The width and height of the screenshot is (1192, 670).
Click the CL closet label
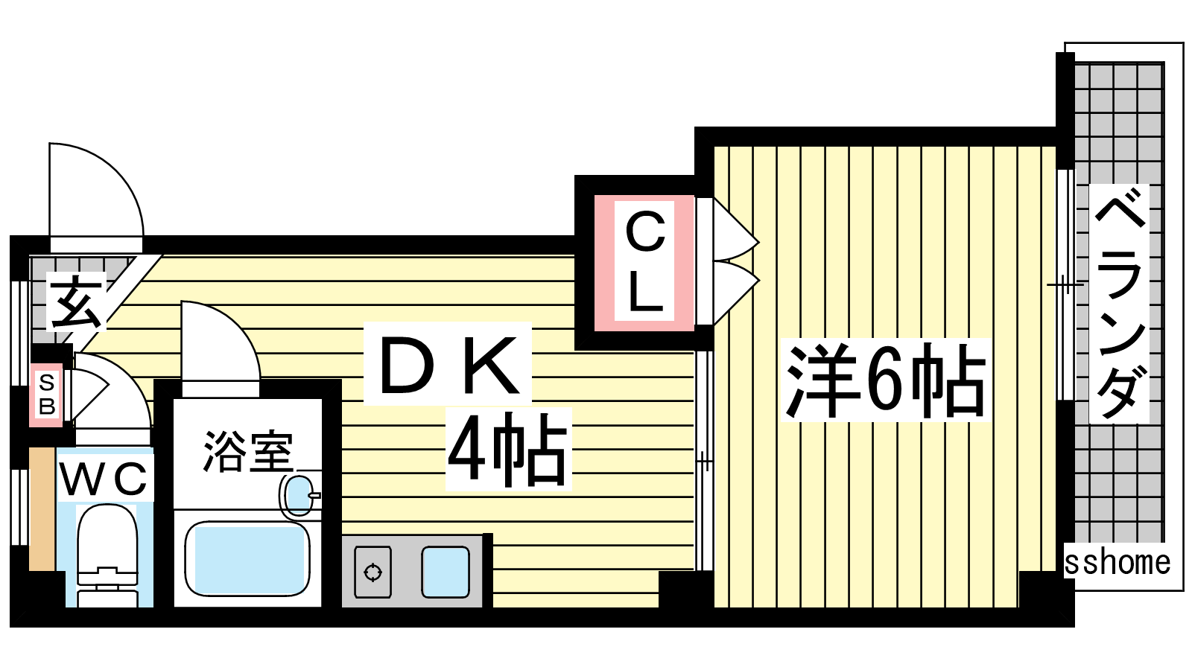click(645, 261)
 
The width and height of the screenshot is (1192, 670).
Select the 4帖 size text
click(507, 450)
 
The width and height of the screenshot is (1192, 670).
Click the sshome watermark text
click(1117, 563)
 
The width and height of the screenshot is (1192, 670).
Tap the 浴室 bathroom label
click(248, 451)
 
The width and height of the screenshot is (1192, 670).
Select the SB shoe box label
click(47, 395)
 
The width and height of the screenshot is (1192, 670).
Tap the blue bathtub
click(247, 559)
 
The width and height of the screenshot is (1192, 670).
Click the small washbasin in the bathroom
click(299, 496)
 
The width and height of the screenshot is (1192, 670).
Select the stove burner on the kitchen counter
click(372, 572)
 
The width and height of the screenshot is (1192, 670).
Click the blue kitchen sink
click(446, 572)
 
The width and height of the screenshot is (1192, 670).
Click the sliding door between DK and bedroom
click(704, 461)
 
